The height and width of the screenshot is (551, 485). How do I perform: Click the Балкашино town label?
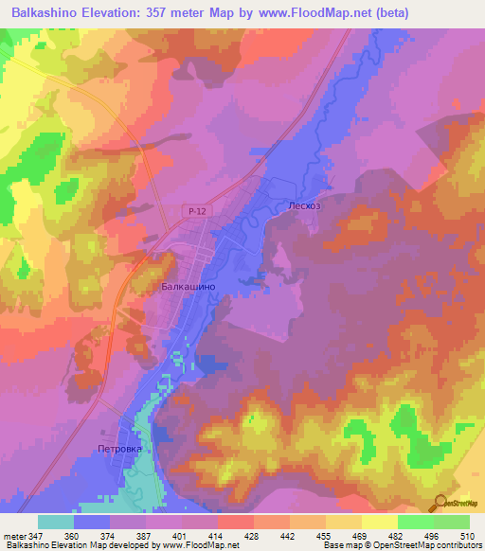(189, 285)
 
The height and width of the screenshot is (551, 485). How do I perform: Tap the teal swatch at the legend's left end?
(56, 522)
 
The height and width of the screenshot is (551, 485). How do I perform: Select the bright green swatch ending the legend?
(452, 522)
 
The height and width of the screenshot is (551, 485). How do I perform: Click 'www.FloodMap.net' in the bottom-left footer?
(200, 546)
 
